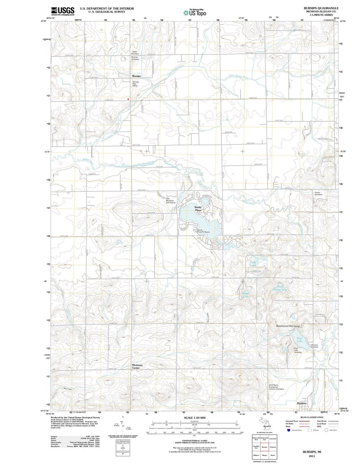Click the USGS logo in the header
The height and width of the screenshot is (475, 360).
[63, 11]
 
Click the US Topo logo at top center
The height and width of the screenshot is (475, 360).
[195, 13]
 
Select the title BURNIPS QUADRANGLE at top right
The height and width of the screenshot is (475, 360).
[321, 8]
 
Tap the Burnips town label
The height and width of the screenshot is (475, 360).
[136, 76]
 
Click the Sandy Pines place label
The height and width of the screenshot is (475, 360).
[198, 209]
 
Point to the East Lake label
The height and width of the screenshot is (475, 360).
[300, 340]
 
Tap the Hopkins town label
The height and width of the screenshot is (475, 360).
[301, 403]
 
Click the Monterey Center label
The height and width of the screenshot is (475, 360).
[137, 366]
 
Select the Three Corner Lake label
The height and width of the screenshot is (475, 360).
[282, 288]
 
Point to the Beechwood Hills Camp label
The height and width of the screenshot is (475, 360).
[288, 326]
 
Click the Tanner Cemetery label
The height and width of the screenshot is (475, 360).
[318, 193]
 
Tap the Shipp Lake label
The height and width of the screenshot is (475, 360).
[246, 295]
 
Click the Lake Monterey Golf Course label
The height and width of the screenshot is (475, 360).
[170, 201]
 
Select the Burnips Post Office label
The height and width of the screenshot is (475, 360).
[135, 84]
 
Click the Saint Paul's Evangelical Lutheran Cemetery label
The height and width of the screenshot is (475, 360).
[276, 387]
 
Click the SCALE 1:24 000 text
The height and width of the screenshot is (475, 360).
[195, 418]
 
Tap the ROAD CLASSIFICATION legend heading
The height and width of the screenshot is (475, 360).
[312, 417]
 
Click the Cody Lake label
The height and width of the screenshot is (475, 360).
[253, 264]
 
